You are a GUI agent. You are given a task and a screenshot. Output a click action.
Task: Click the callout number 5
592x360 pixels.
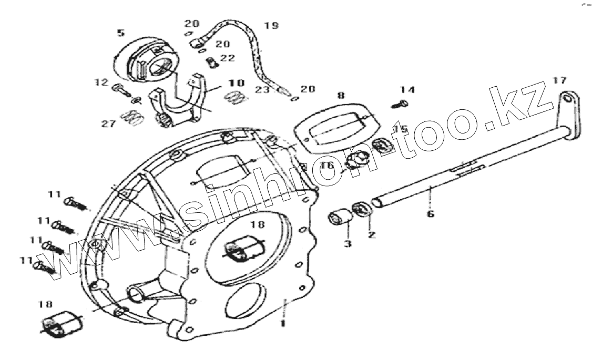point(121,33)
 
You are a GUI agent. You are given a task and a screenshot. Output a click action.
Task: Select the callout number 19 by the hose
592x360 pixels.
point(271,25)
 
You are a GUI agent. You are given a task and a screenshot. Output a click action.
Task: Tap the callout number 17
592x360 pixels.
point(559,80)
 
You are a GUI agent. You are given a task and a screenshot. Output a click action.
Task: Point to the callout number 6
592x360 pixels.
point(431,214)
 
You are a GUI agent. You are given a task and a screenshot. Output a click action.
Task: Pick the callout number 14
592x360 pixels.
point(407,90)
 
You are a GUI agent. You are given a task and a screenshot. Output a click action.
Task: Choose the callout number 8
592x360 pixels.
point(341,96)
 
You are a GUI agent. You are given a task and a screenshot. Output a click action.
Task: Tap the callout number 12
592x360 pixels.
point(101,83)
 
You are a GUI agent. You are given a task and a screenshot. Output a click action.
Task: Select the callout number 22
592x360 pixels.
point(228,58)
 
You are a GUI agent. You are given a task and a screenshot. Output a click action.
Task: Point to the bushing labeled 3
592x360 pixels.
point(339,217)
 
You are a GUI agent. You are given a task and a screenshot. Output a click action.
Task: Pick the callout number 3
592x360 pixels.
point(348,243)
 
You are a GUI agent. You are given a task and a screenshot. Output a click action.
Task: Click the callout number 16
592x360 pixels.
point(327,166)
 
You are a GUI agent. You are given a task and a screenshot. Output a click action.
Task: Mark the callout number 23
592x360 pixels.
point(262,90)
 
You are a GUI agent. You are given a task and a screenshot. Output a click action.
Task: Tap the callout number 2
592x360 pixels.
point(372,234)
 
